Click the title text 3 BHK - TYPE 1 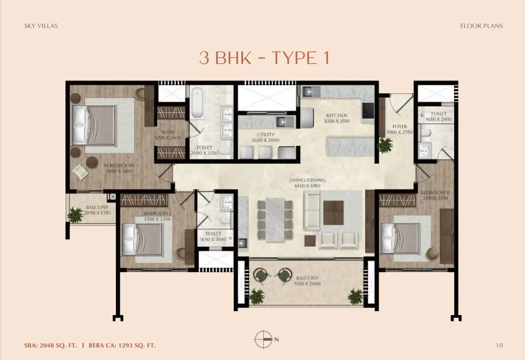click(264, 58)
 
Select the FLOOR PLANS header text click(481, 26)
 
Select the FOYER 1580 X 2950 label click(399, 129)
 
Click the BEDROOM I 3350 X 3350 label click(157, 216)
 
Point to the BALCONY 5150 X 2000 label click(307, 281)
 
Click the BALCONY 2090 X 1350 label click(97, 210)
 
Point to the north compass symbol click(264, 339)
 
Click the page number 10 click(499, 346)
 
